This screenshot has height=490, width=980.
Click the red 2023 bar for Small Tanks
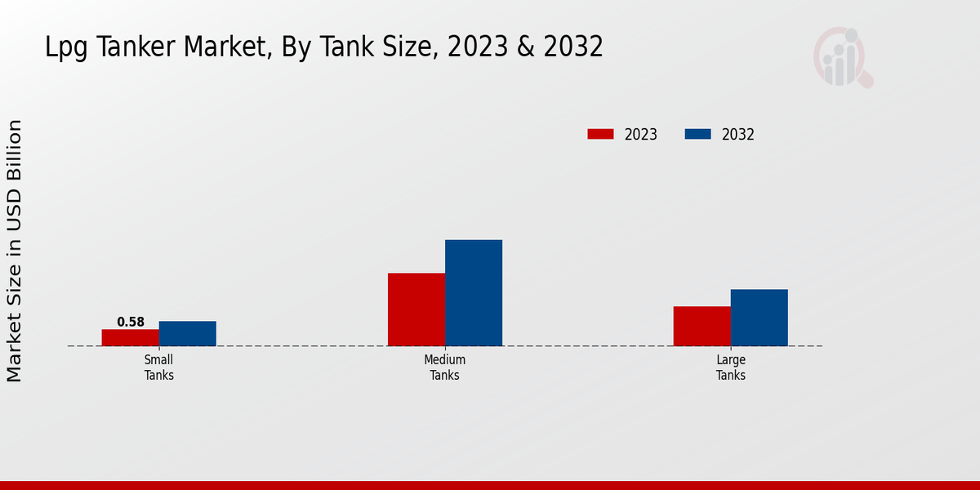click(130, 337)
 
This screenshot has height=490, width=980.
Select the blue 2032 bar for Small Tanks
click(187, 333)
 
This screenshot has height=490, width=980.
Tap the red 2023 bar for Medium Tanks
click(416, 309)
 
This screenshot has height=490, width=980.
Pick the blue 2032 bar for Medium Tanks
click(474, 292)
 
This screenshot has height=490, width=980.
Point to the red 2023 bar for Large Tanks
click(702, 326)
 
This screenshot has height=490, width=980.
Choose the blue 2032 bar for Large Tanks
click(759, 317)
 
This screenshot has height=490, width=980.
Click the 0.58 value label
click(131, 322)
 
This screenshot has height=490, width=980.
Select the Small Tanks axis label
click(159, 367)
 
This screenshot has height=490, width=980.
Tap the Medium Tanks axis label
click(445, 367)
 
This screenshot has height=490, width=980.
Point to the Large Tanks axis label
click(731, 367)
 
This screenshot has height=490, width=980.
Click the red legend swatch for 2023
click(600, 134)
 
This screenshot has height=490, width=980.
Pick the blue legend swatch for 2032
click(697, 134)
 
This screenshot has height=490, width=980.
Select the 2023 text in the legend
click(641, 135)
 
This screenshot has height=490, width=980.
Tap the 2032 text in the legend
click(738, 135)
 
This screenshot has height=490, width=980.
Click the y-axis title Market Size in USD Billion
click(15, 250)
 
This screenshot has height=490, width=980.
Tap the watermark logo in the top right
click(842, 57)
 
